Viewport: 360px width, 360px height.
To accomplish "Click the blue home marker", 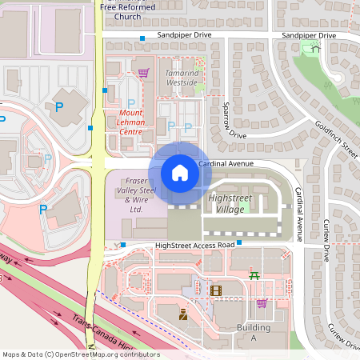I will (x=180, y=172).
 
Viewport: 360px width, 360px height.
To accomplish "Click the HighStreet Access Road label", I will (x=195, y=244).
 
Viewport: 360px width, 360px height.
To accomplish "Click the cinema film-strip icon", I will (x=215, y=290).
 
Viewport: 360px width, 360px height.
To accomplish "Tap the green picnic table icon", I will (x=254, y=274).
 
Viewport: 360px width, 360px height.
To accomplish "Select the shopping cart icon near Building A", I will (x=262, y=302).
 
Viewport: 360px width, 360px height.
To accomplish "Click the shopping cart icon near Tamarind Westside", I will (x=143, y=72).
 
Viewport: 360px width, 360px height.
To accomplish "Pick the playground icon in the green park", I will (x=315, y=48).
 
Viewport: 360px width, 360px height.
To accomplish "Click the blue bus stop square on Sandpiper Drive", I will (x=142, y=38).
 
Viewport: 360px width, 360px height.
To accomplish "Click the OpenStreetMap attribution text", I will (x=81, y=354).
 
